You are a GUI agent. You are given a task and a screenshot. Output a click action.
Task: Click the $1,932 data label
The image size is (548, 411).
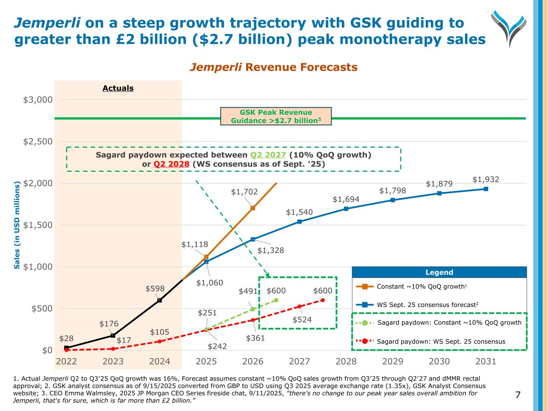(x=486, y=179)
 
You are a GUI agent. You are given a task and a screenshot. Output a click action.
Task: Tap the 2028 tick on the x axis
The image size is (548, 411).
(x=346, y=361)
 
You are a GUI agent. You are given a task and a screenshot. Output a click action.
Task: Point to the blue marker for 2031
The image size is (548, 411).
(x=486, y=189)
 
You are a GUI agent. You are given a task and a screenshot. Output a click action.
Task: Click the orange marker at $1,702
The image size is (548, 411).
(x=253, y=208)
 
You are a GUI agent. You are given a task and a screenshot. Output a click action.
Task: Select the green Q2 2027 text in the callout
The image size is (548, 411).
(x=268, y=155)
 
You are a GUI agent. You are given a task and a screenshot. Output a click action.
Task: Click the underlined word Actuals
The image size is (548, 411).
(x=118, y=88)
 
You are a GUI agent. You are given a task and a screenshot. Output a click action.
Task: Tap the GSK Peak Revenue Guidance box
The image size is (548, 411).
(x=276, y=116)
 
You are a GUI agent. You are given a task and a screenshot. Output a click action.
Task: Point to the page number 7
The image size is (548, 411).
(x=517, y=395)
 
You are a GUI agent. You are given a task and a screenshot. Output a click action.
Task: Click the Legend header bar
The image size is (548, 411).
(x=439, y=273)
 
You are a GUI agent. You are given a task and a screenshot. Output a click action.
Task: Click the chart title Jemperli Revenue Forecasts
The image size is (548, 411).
(x=273, y=67)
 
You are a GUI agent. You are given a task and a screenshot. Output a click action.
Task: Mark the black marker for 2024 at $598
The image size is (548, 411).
(x=160, y=300)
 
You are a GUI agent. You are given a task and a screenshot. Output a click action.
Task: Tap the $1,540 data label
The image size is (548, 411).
(x=299, y=212)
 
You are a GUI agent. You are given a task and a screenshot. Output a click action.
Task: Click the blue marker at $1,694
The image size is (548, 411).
(x=346, y=209)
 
